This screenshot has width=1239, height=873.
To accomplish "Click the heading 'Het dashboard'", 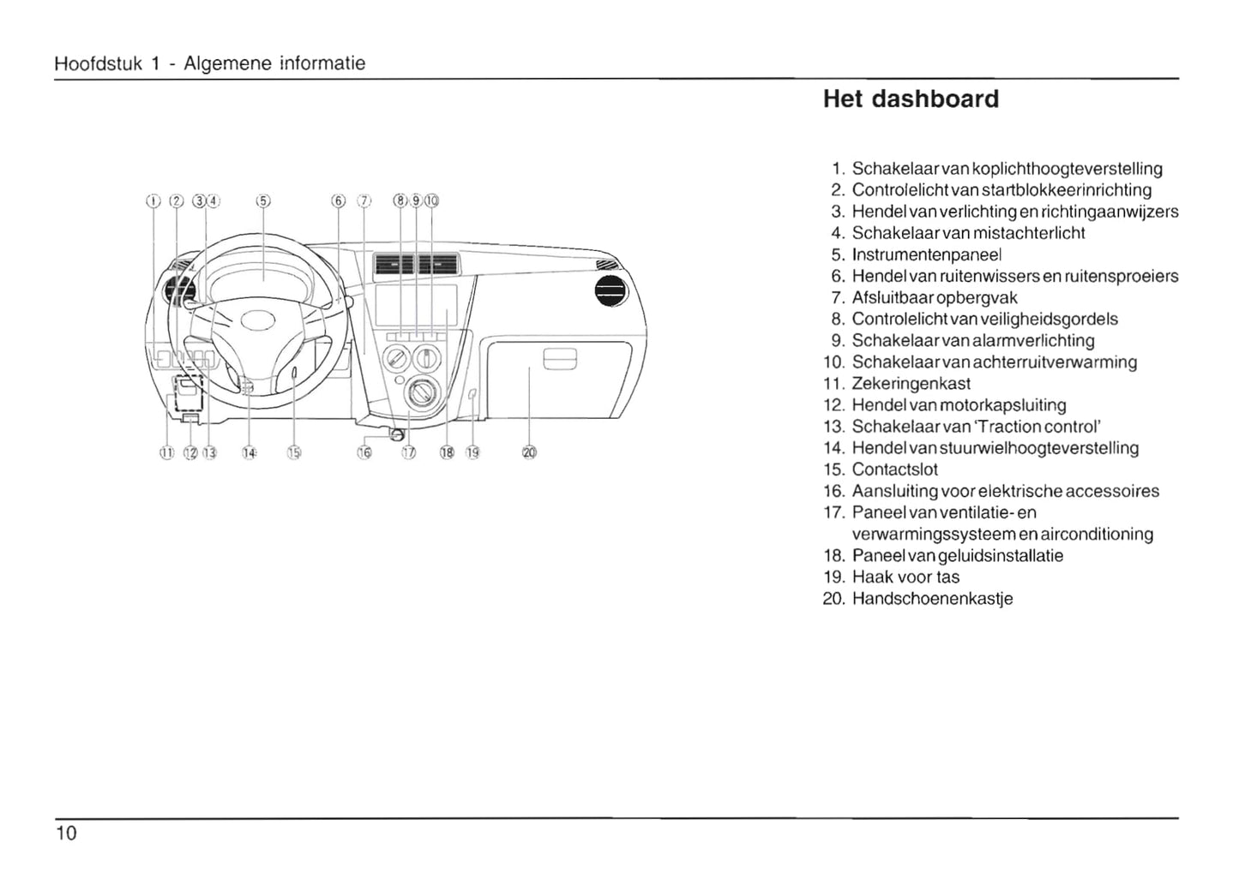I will pyautogui.click(x=911, y=99).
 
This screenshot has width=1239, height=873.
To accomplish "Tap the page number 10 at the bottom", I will pyautogui.click(x=66, y=833).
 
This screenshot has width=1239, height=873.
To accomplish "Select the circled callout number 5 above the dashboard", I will pyautogui.click(x=263, y=201).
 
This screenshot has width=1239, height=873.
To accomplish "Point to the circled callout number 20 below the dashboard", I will pyautogui.click(x=528, y=452).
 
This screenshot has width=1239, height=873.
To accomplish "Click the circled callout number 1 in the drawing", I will pyautogui.click(x=153, y=201).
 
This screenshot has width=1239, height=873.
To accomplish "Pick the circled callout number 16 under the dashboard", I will pyautogui.click(x=364, y=452).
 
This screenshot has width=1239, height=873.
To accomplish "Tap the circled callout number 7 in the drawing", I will pyautogui.click(x=364, y=201).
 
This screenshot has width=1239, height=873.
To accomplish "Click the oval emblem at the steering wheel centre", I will pyautogui.click(x=257, y=321).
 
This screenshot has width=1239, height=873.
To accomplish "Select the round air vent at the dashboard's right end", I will pyautogui.click(x=611, y=294).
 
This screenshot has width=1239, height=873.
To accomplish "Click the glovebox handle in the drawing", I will pyautogui.click(x=561, y=358).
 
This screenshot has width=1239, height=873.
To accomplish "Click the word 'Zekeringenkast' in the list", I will pyautogui.click(x=911, y=384).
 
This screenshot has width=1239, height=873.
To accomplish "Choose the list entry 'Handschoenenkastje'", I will pyautogui.click(x=932, y=599).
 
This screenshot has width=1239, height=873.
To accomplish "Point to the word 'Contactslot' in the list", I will pyautogui.click(x=895, y=469).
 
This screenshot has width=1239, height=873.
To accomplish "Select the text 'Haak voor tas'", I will pyautogui.click(x=905, y=577).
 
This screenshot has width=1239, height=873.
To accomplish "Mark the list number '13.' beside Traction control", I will pyautogui.click(x=834, y=427).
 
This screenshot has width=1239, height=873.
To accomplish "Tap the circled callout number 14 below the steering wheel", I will pyautogui.click(x=249, y=452).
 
